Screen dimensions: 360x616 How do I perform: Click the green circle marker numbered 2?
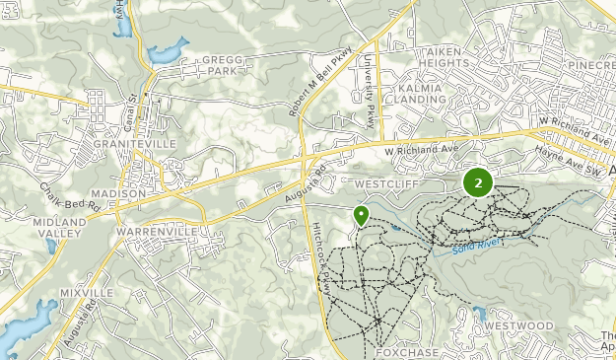(x=478, y=182)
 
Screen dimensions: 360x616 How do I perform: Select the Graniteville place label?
(x=134, y=143)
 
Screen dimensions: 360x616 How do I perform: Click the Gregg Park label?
(x=222, y=65)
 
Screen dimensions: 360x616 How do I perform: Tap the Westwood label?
(x=519, y=324)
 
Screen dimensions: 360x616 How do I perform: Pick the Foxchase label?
(x=407, y=351)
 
